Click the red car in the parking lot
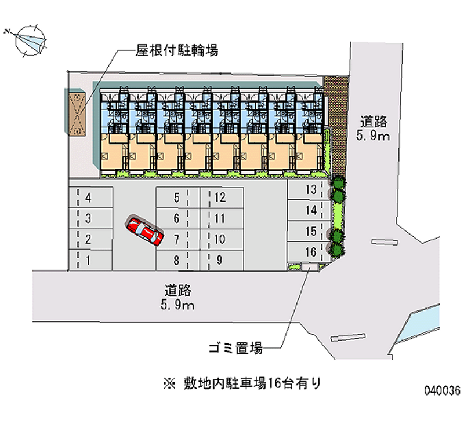(146, 230)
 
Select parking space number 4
(90, 198)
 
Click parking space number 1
(90, 260)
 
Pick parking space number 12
(221, 197)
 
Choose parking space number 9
(221, 260)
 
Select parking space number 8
(174, 260)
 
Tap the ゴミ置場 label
(235, 349)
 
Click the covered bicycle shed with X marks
(77, 113)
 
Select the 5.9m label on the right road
(374, 136)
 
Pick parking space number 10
(219, 239)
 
